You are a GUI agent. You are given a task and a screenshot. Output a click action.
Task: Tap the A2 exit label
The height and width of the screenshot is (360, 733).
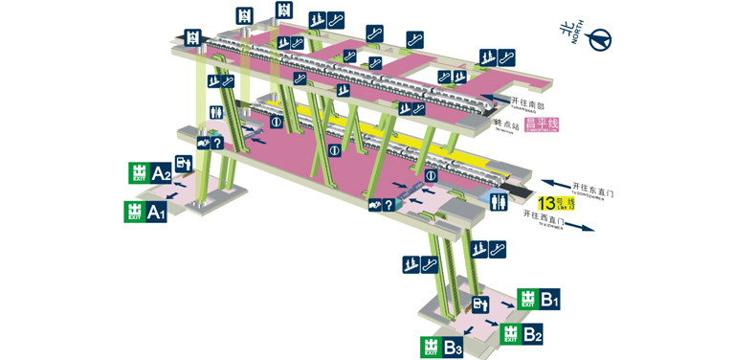(161, 173)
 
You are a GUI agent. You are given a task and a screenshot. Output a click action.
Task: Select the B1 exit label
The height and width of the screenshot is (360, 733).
(549, 300)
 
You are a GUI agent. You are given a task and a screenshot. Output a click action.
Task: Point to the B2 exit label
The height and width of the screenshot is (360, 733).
(532, 335)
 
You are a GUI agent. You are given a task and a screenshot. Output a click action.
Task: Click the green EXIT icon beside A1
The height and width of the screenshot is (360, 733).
(133, 211)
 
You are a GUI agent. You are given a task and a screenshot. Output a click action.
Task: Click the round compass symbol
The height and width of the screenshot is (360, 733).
(601, 38)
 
